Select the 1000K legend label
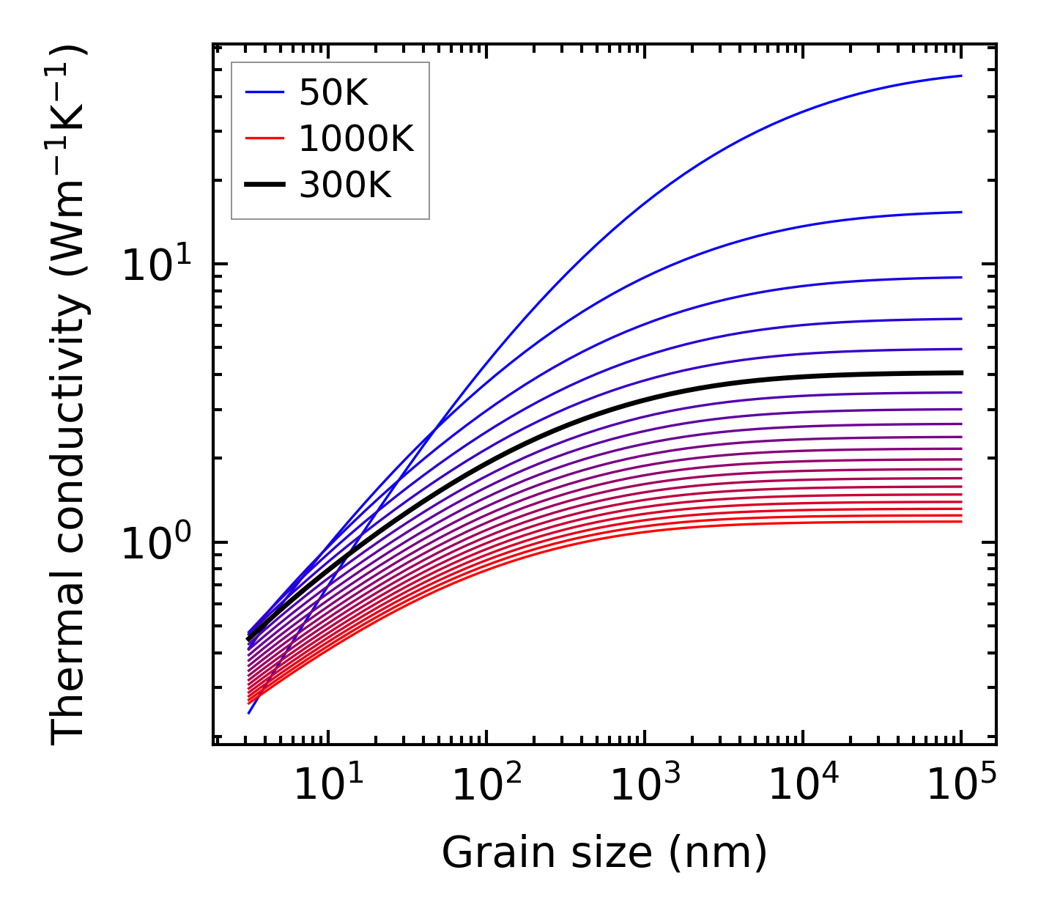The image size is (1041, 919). click(x=356, y=139)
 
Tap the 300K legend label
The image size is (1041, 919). click(x=345, y=186)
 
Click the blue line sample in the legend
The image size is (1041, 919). click(x=264, y=92)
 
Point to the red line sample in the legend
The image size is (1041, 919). click(x=264, y=139)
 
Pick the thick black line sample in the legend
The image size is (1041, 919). click(x=264, y=185)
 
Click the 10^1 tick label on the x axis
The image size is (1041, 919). click(x=327, y=786)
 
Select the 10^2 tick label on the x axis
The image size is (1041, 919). click(x=486, y=786)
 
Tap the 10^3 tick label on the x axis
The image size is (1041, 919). click(x=644, y=786)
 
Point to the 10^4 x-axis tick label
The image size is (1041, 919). click(x=803, y=786)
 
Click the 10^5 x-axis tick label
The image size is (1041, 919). click(x=961, y=786)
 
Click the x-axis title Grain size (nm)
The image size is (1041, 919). click(x=604, y=853)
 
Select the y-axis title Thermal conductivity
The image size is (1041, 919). click(x=70, y=396)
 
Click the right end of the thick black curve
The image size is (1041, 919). click(x=960, y=372)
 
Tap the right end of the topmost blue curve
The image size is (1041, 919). click(x=960, y=75)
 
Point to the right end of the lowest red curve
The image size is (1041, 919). click(x=960, y=521)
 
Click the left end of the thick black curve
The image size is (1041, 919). click(x=248, y=640)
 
